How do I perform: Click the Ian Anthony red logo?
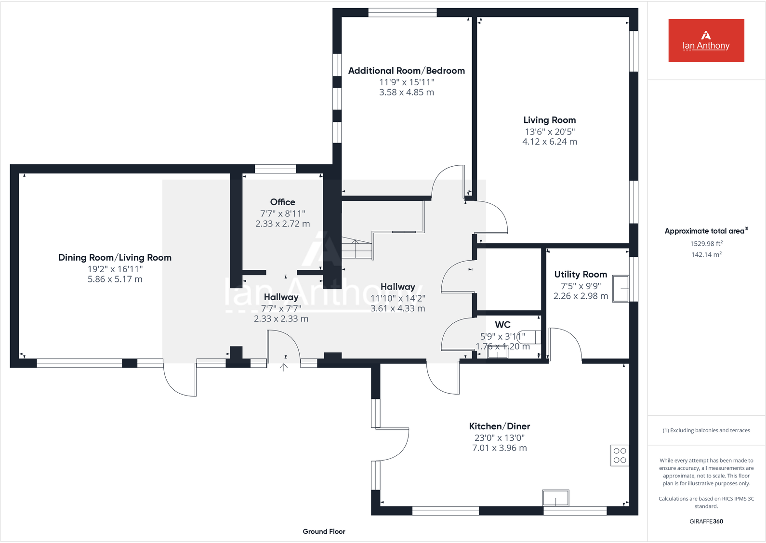coord(706,40)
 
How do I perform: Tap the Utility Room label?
coord(580,274)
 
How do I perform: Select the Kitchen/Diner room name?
coord(499,426)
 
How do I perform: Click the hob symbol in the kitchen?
coord(620,455)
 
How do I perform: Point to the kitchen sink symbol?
coord(555,498)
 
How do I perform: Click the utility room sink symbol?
coord(621,289)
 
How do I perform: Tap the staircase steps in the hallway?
coord(357,249)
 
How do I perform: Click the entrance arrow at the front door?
coord(284,368)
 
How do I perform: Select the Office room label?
coord(282,202)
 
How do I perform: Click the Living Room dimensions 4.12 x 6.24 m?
coord(549,142)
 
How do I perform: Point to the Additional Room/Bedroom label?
coord(406,71)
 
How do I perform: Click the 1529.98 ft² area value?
coord(706,244)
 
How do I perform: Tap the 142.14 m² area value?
coord(706,254)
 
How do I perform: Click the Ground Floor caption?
coord(324,531)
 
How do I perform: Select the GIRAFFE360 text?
coord(706,521)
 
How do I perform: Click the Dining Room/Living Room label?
coord(115,257)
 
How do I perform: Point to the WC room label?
coord(502,325)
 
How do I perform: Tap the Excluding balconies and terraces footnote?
coord(706,430)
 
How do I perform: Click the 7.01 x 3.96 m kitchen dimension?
coord(499,448)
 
